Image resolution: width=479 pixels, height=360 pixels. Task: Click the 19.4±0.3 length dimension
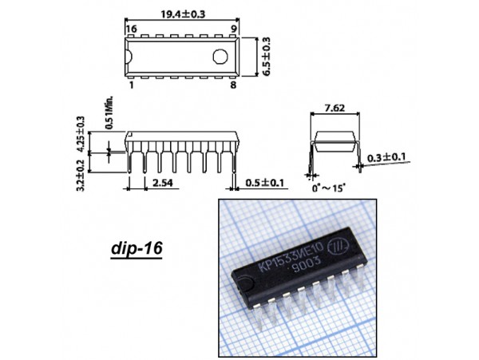click(x=183, y=14)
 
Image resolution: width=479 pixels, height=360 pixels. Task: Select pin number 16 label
click(x=132, y=29)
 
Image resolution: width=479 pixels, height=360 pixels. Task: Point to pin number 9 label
click(x=233, y=29)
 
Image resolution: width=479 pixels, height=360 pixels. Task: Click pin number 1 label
click(x=132, y=85)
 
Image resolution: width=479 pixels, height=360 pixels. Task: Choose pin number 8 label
click(x=233, y=85)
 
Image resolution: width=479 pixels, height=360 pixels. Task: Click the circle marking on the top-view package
click(x=220, y=57)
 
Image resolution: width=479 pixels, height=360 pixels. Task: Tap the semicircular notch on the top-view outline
click(x=129, y=57)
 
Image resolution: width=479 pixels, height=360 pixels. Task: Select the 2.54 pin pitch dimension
click(x=163, y=183)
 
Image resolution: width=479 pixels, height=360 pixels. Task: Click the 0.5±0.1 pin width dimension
click(x=265, y=183)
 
